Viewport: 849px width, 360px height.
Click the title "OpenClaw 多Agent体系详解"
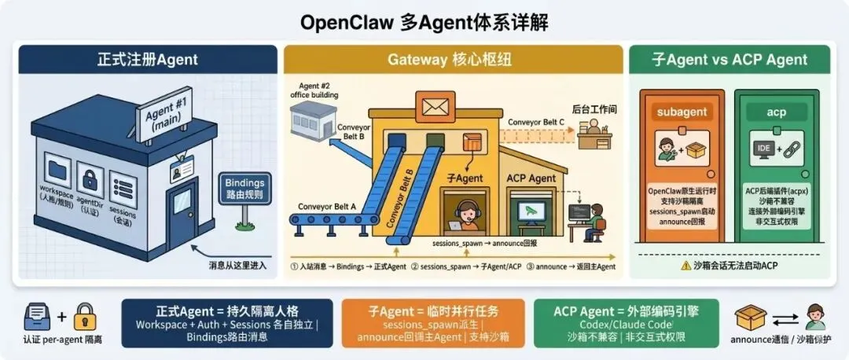click(424, 21)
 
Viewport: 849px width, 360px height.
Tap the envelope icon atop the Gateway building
click(433, 104)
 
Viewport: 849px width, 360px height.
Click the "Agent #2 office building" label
click(315, 90)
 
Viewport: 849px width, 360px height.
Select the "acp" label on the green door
click(776, 112)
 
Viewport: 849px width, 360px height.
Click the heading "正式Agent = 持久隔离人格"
click(226, 310)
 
